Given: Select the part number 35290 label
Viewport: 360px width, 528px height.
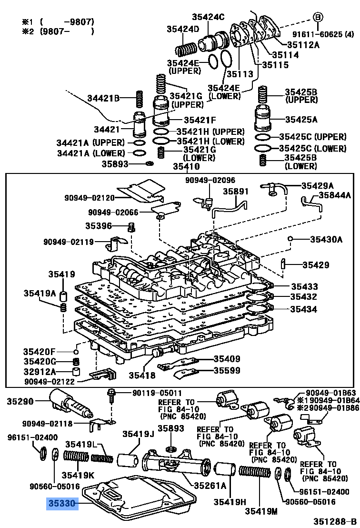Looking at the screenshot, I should (20, 401).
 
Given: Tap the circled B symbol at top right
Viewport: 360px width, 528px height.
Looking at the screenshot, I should (318, 18).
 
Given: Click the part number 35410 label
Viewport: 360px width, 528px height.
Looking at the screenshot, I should (186, 166).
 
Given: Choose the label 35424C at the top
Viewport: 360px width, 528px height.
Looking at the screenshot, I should (208, 18).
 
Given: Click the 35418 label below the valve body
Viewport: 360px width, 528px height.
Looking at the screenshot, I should (141, 376).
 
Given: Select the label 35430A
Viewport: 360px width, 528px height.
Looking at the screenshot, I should (326, 239).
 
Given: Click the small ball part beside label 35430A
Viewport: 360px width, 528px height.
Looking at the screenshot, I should (290, 238).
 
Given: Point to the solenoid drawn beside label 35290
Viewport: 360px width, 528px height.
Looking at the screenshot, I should (71, 405).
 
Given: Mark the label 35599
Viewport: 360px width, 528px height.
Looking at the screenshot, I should (227, 370).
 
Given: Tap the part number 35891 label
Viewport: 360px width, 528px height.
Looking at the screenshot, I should (236, 192).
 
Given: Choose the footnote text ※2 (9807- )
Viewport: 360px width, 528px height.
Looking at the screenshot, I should (58, 31).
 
